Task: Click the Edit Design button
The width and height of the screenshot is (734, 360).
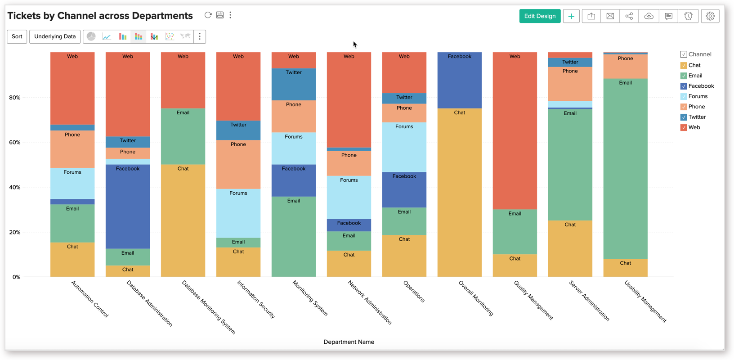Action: pyautogui.click(x=540, y=16)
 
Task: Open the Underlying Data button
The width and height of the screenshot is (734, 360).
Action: pyautogui.click(x=55, y=36)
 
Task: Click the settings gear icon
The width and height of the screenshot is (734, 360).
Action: pyautogui.click(x=710, y=16)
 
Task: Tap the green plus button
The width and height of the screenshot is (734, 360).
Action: pyautogui.click(x=571, y=16)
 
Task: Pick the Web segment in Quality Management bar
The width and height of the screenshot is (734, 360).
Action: pyautogui.click(x=515, y=130)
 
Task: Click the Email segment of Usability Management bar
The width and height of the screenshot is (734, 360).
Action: pyautogui.click(x=625, y=169)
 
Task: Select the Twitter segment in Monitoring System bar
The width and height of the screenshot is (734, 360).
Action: pyautogui.click(x=294, y=84)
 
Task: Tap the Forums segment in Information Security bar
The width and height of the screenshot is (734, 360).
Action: pyautogui.click(x=238, y=213)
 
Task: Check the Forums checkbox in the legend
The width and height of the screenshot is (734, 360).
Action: pyautogui.click(x=684, y=96)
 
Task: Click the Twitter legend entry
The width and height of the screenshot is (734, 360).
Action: pyautogui.click(x=697, y=117)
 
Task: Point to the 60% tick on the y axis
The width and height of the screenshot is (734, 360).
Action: pyautogui.click(x=15, y=142)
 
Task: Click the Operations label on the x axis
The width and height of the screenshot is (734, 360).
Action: pyautogui.click(x=414, y=291)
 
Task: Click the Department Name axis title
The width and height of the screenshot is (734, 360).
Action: pyautogui.click(x=349, y=342)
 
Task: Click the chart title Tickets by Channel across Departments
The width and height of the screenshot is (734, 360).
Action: pyautogui.click(x=100, y=16)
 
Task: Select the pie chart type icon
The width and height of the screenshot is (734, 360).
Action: pyautogui.click(x=91, y=36)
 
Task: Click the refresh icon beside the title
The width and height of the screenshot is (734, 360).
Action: pyautogui.click(x=208, y=15)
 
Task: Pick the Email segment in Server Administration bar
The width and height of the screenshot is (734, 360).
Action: pyautogui.click(x=570, y=165)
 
